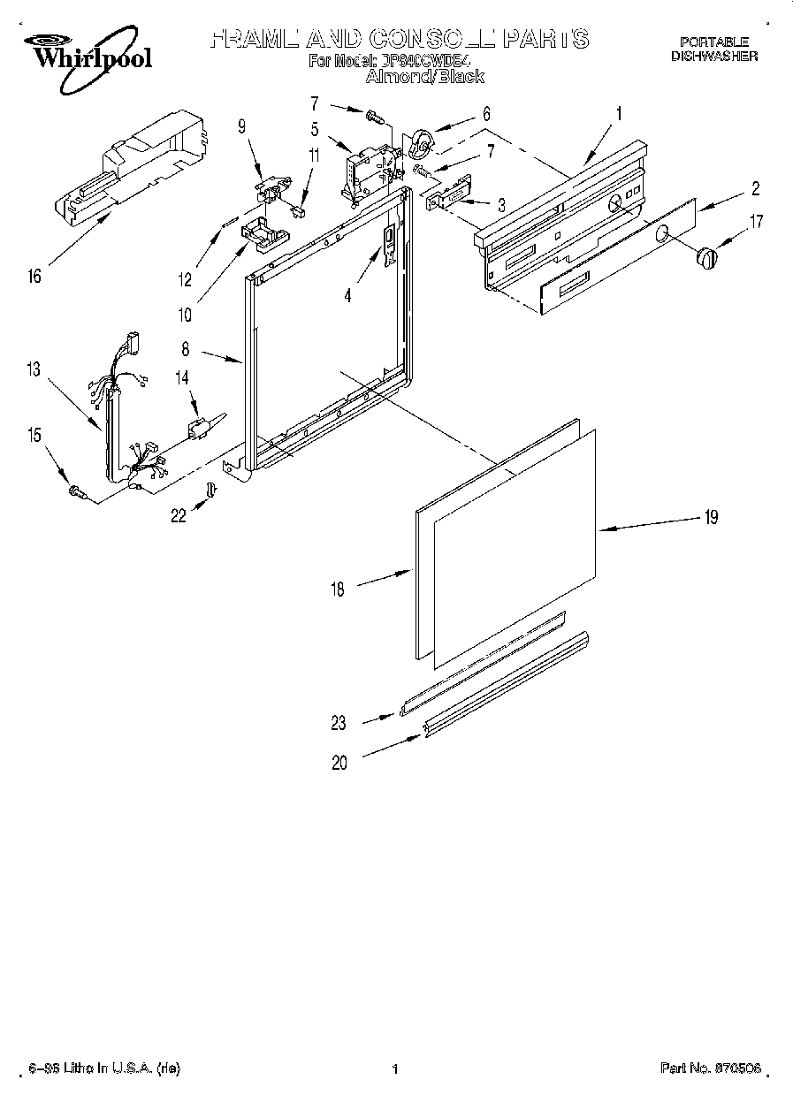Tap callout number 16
tap(34, 278)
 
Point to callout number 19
tap(712, 517)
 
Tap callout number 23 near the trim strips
tap(339, 722)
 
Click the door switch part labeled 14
tap(201, 428)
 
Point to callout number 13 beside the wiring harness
tap(34, 370)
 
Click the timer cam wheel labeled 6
tap(421, 141)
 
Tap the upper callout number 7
tap(339, 104)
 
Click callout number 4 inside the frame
tap(347, 298)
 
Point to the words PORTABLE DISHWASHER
tap(713, 49)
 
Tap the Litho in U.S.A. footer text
tap(104, 1068)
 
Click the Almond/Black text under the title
tap(425, 77)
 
